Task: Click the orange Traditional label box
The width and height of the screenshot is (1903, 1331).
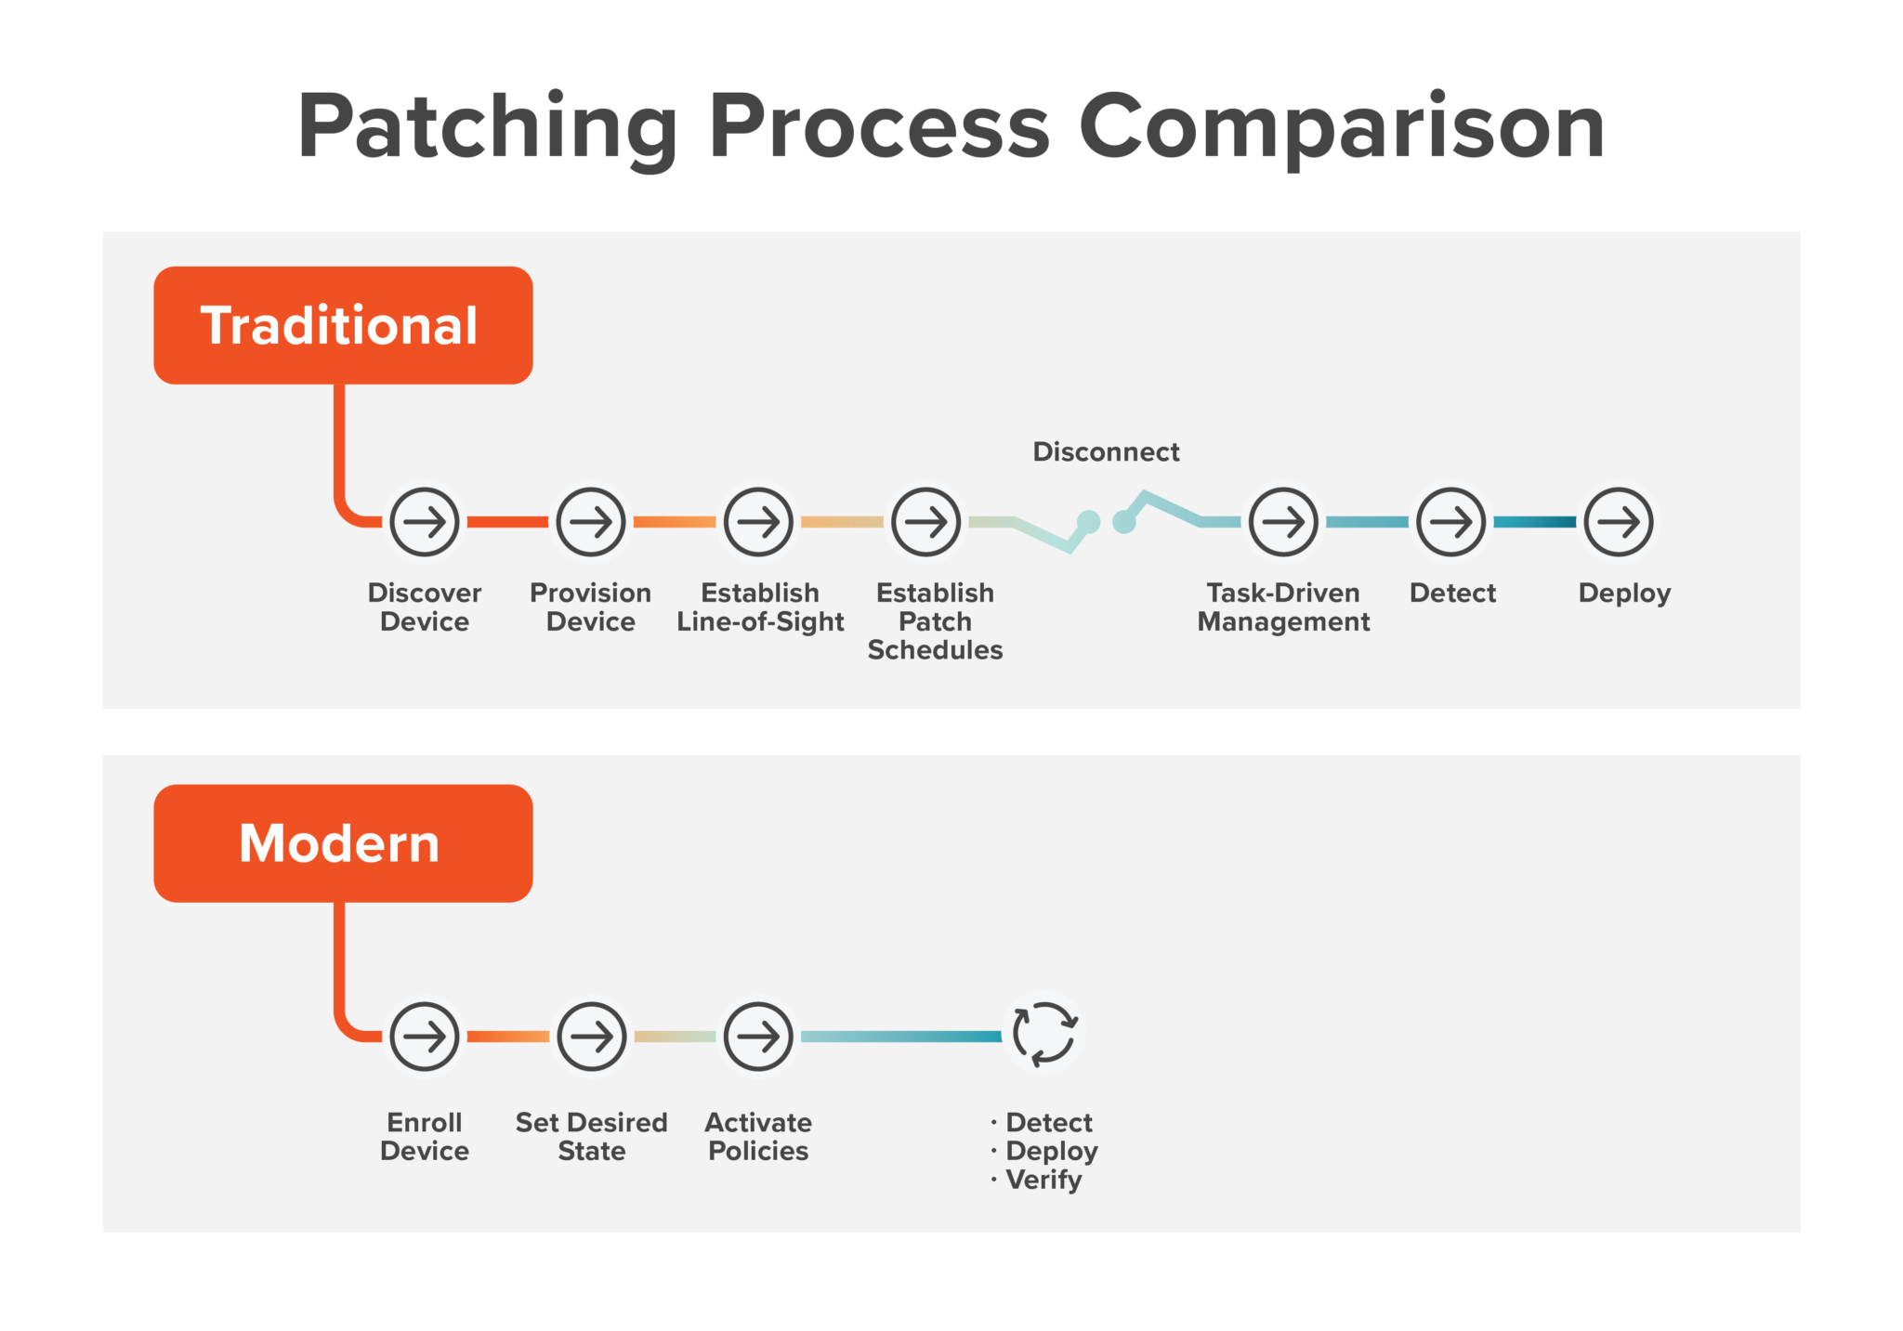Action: [x=343, y=325]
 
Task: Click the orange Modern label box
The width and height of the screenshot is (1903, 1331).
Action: [x=343, y=842]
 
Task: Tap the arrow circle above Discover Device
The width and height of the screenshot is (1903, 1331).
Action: [x=425, y=522]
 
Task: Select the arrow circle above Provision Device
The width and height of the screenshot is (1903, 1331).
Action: [x=591, y=522]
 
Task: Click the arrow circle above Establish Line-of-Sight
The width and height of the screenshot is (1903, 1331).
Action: [x=758, y=522]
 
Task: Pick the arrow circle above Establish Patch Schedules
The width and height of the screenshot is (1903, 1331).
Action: [x=925, y=522]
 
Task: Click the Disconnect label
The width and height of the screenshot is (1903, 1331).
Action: [x=1106, y=452]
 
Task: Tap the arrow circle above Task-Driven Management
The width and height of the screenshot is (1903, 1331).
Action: [x=1283, y=522]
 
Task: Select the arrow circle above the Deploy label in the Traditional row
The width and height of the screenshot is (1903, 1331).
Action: [x=1618, y=522]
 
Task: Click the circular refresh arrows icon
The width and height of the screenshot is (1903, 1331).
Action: [x=1044, y=1033]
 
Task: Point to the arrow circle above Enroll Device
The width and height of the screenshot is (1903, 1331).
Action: [x=425, y=1036]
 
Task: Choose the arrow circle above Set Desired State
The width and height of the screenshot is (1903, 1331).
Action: [x=591, y=1036]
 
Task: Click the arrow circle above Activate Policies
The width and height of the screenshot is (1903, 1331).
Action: [x=758, y=1036]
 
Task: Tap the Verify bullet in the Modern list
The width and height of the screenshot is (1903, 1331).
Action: [x=1043, y=1180]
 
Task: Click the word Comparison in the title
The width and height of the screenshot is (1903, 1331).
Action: [x=1341, y=127]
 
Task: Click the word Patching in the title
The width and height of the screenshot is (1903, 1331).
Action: [x=488, y=127]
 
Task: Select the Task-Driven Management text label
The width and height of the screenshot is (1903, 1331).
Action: [x=1283, y=607]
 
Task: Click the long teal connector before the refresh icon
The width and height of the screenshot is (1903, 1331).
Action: [x=900, y=1036]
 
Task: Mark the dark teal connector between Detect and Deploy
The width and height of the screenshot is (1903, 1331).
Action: [x=1534, y=522]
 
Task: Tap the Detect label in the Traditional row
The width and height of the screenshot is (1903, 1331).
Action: [x=1452, y=593]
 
